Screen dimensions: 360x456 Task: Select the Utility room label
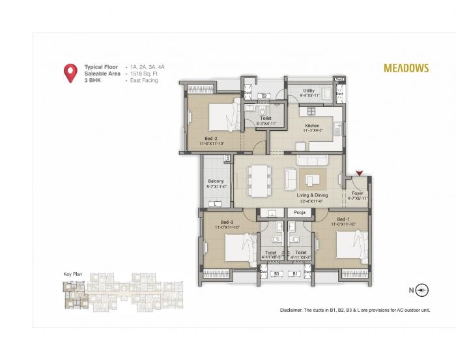pos(309,91)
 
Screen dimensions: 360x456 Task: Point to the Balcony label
pos(216,182)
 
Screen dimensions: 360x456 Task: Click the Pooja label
pos(300,212)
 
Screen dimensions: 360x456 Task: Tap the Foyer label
pos(357,193)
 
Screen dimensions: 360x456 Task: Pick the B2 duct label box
pos(264,96)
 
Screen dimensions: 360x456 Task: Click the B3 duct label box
pos(276,274)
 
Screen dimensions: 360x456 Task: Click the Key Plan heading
pos(72,273)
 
